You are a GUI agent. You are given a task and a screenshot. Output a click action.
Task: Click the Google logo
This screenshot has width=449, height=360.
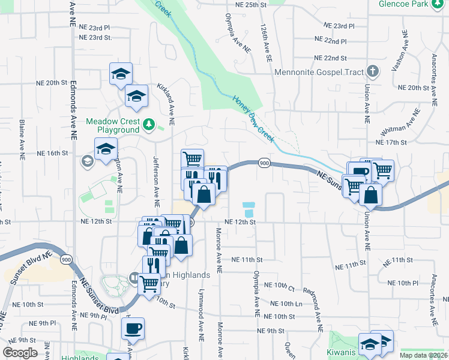[x=20, y=353]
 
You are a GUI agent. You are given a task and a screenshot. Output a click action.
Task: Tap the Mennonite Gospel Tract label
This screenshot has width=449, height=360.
[x=319, y=73]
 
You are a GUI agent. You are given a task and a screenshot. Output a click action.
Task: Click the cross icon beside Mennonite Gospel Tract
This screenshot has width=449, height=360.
[x=373, y=72]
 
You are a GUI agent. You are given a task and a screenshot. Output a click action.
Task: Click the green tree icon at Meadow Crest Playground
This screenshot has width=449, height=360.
[x=149, y=125]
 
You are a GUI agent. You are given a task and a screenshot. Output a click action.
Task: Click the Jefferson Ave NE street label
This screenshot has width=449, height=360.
[x=155, y=180]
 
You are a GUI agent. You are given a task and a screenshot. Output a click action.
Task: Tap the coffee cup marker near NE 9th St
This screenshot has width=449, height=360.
[x=133, y=328]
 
